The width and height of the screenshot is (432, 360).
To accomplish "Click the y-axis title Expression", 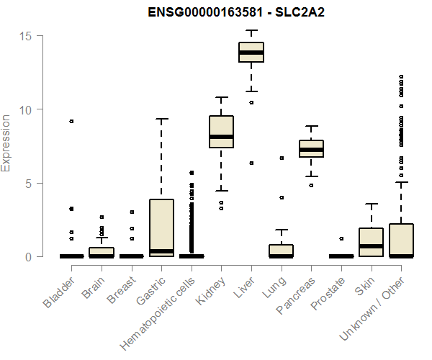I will (x=6, y=143).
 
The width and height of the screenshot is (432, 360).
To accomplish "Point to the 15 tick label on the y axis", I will (x=26, y=35).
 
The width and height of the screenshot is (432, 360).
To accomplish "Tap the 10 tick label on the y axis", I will (x=26, y=109).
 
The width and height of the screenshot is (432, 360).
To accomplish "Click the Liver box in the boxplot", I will (x=251, y=53).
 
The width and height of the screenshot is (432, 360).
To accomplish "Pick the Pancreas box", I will (x=312, y=148).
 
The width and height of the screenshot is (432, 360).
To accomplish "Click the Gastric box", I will (x=161, y=228).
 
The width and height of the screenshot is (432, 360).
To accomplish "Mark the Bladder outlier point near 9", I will (x=71, y=121).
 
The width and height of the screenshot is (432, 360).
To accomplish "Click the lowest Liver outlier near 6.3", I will (x=251, y=163).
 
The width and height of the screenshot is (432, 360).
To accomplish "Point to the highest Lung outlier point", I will (x=282, y=158).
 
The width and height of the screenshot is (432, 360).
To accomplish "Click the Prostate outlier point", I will (x=342, y=238).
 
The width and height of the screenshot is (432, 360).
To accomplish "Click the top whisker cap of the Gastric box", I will (x=161, y=120).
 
